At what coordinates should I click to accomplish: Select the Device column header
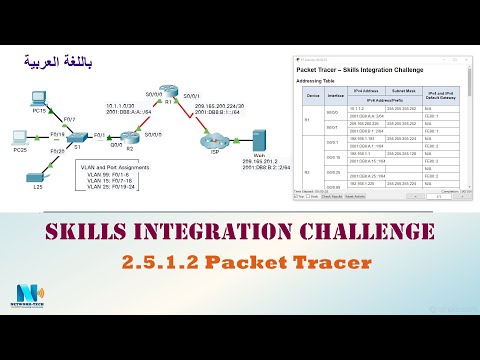click(x=310, y=97)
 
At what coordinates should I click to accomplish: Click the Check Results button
click(x=337, y=197)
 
